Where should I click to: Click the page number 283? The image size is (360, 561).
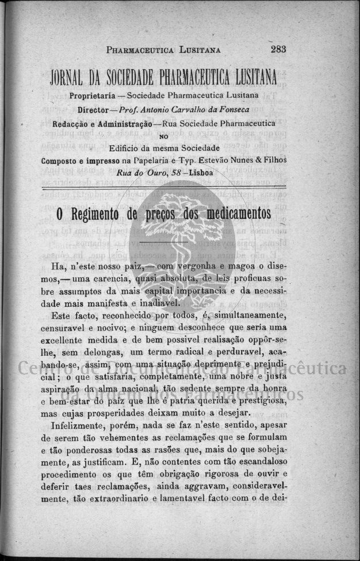278,49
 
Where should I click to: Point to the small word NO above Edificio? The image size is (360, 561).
163,136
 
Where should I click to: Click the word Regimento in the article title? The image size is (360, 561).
98,215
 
